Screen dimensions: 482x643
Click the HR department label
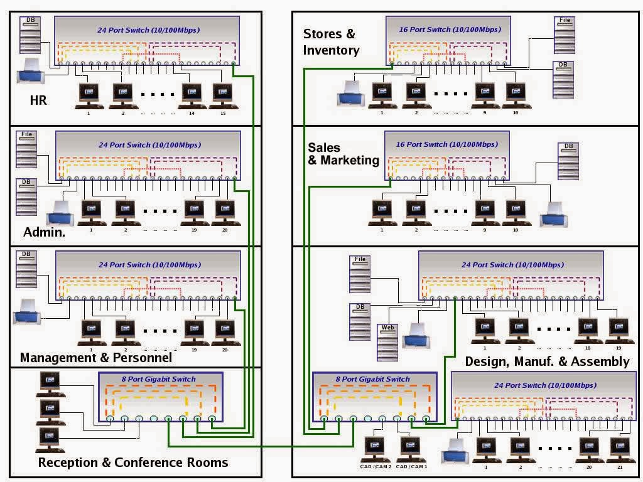point(38,100)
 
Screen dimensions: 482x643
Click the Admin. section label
point(45,232)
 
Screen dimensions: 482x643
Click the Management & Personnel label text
point(95,358)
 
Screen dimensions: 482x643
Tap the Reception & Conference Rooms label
point(132,463)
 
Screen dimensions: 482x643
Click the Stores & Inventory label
point(331,42)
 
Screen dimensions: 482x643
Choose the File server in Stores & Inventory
point(565,35)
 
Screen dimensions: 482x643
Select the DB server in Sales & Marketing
point(568,161)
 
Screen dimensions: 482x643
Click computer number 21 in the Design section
point(619,448)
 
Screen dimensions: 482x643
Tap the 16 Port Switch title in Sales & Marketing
point(438,144)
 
